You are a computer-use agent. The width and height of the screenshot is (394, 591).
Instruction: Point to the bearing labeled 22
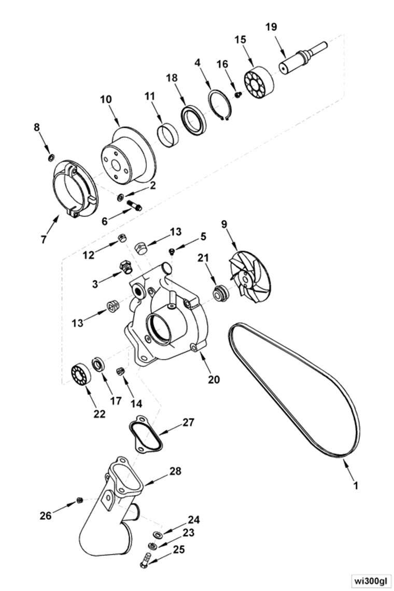(x=80, y=373)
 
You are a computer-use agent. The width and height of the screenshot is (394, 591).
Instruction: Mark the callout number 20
(x=214, y=380)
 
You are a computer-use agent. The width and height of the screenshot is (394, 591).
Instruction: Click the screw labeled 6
(x=134, y=206)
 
